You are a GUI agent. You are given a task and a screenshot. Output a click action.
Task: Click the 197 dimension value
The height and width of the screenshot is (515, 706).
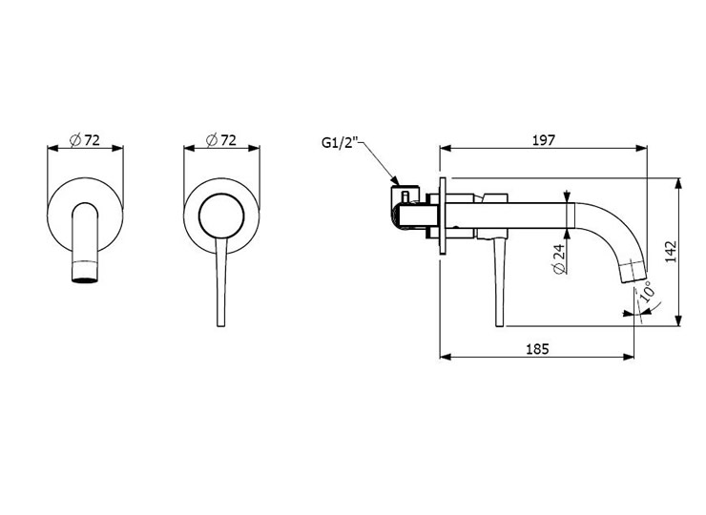(544, 140)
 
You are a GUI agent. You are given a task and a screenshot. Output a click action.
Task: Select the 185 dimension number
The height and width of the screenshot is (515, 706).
(537, 349)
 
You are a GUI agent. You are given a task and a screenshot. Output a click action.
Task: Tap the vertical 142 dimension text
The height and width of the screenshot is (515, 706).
(672, 252)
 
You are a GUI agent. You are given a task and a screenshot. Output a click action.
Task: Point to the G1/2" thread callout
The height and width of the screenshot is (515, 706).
(339, 142)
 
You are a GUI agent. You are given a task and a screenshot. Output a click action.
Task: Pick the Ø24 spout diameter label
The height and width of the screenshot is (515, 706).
(559, 259)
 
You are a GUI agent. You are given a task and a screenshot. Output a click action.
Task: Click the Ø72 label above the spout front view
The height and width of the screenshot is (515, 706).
(85, 140)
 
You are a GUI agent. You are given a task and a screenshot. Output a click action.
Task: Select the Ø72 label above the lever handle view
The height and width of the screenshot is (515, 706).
(221, 140)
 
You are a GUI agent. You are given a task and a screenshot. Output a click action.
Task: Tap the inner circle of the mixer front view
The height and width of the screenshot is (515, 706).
(221, 194)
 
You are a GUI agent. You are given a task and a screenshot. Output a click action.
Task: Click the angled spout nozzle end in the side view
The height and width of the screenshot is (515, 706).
(633, 272)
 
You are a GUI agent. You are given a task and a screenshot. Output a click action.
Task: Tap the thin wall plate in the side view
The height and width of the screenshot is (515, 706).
(443, 216)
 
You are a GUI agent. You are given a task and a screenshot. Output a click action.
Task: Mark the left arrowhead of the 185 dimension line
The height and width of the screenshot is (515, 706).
(445, 357)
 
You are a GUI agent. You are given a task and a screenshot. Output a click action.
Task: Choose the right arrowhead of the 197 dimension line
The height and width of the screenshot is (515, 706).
(642, 148)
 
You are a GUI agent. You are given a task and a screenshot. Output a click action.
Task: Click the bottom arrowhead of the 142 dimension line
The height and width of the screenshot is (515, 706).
(678, 320)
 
